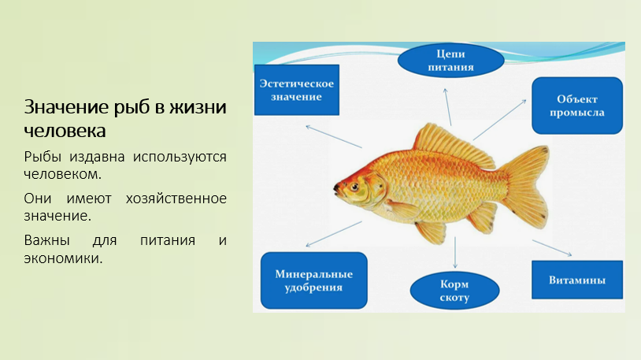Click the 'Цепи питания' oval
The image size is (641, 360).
pyautogui.click(x=450, y=61)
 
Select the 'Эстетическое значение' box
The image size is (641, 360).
pyautogui.click(x=297, y=90)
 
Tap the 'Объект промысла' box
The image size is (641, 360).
pyautogui.click(x=577, y=106)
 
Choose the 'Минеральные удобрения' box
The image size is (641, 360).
pyautogui.click(x=314, y=280)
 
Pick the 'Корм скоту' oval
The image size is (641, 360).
pyautogui.click(x=454, y=291)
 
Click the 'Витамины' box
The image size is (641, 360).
pyautogui.click(x=577, y=280)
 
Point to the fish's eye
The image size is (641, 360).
pyautogui.click(x=354, y=187)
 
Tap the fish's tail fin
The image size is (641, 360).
pyautogui.click(x=525, y=187)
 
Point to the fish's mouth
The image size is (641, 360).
pyautogui.click(x=336, y=189)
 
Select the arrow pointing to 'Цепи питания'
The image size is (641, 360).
pyautogui.click(x=448, y=107)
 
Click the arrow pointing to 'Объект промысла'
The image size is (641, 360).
pyautogui.click(x=499, y=120)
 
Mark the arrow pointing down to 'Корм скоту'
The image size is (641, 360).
pyautogui.click(x=455, y=252)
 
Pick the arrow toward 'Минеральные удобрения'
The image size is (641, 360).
pyautogui.click(x=334, y=235)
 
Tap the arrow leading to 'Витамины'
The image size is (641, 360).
pyautogui.click(x=552, y=248)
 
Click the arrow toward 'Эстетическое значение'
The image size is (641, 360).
pyautogui.click(x=334, y=136)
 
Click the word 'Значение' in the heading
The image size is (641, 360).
pyautogui.click(x=66, y=107)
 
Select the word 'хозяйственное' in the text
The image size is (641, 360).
pyautogui.click(x=176, y=199)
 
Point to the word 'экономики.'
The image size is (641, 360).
pyautogui.click(x=63, y=258)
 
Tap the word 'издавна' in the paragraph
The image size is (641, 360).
pyautogui.click(x=97, y=157)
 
